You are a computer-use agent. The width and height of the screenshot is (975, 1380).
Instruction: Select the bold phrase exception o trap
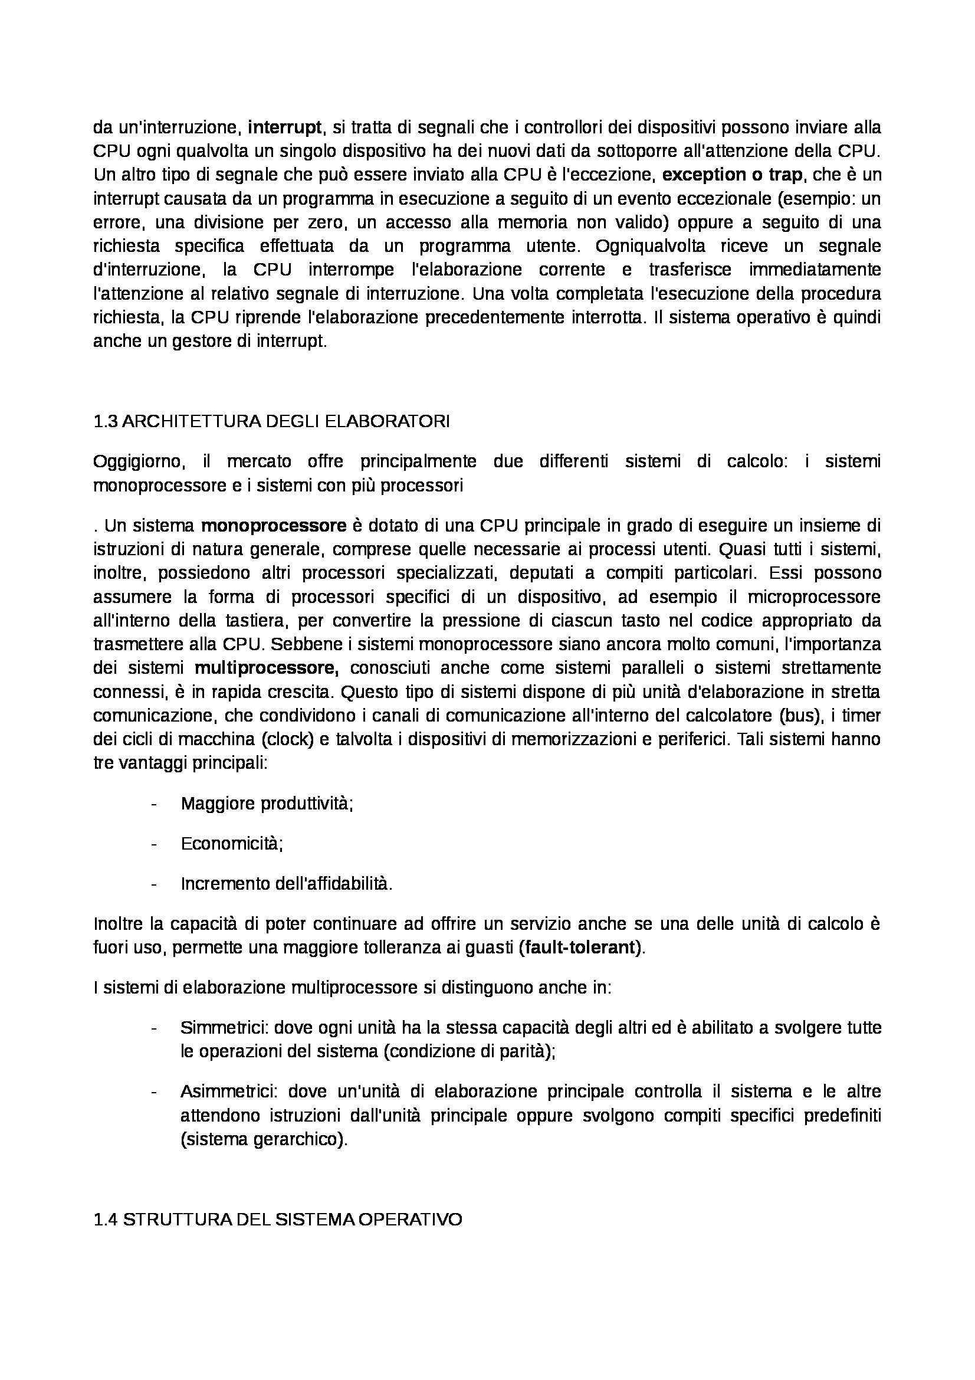coord(732,175)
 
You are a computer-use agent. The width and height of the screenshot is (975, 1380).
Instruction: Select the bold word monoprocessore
coord(273,525)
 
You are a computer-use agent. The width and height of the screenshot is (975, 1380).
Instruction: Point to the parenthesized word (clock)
coord(290,739)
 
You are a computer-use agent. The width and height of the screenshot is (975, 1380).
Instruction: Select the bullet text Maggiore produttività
coord(266,804)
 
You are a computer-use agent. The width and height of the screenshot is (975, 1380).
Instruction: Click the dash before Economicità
coord(155,843)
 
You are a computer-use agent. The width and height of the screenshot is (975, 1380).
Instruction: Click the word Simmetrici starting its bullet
coord(224,1027)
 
